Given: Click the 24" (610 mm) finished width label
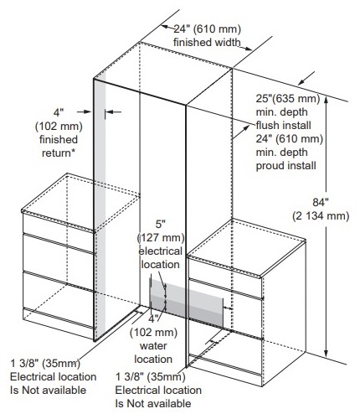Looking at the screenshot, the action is click(x=207, y=28).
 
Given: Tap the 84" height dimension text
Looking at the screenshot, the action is click(x=321, y=202).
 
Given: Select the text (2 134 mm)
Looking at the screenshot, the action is click(x=321, y=216).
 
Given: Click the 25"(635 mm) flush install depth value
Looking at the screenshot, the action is click(x=288, y=99).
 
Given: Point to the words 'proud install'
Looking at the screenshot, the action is click(x=286, y=166).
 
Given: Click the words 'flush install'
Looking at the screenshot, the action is click(x=284, y=126).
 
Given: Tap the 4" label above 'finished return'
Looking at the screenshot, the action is click(x=59, y=112).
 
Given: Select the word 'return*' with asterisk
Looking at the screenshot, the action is click(x=59, y=153).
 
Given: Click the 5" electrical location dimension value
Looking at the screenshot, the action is click(x=161, y=224).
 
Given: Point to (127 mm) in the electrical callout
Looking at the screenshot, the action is click(x=161, y=238).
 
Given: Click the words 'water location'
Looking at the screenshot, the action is click(x=153, y=352).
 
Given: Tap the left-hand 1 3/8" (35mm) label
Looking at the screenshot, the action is click(x=45, y=364).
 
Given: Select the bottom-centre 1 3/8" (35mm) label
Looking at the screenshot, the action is click(x=151, y=377).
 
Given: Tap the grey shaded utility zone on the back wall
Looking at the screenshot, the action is click(x=187, y=303).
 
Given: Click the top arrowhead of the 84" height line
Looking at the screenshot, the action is click(x=326, y=99).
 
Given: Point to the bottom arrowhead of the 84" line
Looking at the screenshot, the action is click(x=326, y=353).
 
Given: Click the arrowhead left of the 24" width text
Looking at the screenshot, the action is click(x=166, y=27).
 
